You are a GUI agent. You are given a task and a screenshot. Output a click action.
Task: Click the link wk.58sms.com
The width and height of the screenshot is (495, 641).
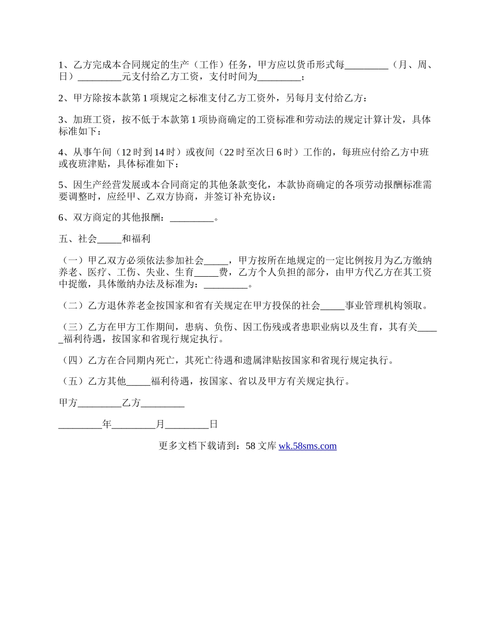[307, 446]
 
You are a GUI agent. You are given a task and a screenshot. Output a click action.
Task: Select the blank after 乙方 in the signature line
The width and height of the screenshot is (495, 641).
[163, 403]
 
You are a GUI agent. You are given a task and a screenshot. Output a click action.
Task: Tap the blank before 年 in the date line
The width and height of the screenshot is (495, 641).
[80, 425]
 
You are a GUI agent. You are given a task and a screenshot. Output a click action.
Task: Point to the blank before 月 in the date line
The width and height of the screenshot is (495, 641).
[134, 425]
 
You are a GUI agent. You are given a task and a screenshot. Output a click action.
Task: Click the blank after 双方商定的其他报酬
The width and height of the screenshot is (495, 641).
[192, 219]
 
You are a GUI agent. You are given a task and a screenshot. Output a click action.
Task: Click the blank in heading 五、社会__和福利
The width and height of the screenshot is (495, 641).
[109, 239]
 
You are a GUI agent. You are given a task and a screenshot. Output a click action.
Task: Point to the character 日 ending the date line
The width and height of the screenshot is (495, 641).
[213, 425]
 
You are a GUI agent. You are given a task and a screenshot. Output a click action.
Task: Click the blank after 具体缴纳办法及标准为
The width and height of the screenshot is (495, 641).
[226, 285]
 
